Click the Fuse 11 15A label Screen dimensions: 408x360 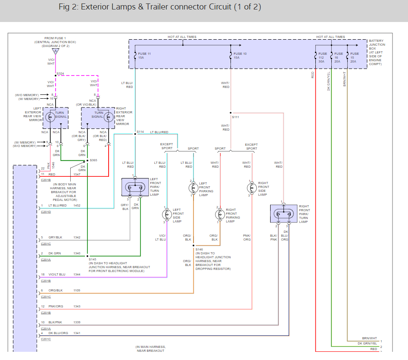click(144, 56)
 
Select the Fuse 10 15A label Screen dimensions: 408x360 click(240, 56)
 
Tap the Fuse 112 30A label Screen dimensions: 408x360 click(323, 57)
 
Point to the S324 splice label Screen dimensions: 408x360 click(60, 74)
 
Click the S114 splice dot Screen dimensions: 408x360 click(135, 134)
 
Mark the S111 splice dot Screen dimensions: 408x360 click(230, 113)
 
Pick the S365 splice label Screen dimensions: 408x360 click(93, 160)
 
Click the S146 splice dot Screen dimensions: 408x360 click(193, 245)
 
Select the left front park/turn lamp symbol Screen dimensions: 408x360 click(135, 187)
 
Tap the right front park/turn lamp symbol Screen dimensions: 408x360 click(283, 214)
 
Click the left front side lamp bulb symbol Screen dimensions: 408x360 click(167, 215)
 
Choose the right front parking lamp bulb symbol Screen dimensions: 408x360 click(220, 215)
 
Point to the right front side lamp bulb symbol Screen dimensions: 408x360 click(252, 188)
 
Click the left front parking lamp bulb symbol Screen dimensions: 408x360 click(193, 188)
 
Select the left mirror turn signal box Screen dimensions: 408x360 click(56, 118)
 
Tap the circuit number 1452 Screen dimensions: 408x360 click(77, 205)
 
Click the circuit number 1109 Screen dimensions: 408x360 click(77, 290)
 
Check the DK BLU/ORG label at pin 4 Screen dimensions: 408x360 click(58, 333)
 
